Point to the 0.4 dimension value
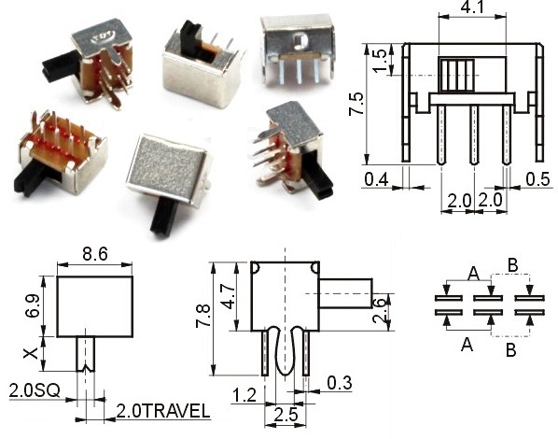point(378,177)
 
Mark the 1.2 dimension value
point(244,396)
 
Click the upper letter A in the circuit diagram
point(473,273)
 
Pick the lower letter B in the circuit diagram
point(509,351)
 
